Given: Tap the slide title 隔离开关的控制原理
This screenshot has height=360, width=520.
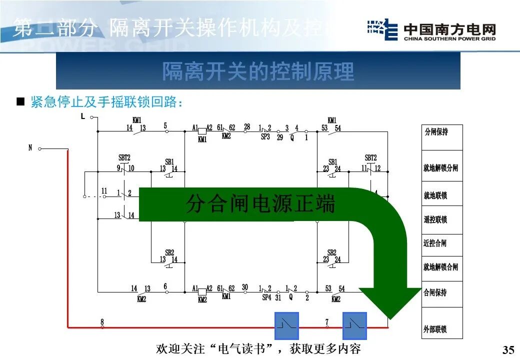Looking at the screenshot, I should [258, 71].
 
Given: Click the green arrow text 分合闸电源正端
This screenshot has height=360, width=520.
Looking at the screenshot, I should [260, 204].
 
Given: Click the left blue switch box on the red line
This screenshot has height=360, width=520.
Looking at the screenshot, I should [286, 326].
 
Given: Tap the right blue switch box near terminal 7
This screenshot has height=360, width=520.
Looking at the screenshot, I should [354, 326].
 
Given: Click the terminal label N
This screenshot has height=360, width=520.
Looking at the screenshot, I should [30, 147].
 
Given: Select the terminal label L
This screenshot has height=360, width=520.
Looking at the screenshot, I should [82, 116].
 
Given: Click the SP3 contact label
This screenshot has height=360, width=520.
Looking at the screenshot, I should [265, 136].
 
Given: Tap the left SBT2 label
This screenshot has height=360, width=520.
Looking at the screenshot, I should [124, 157].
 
